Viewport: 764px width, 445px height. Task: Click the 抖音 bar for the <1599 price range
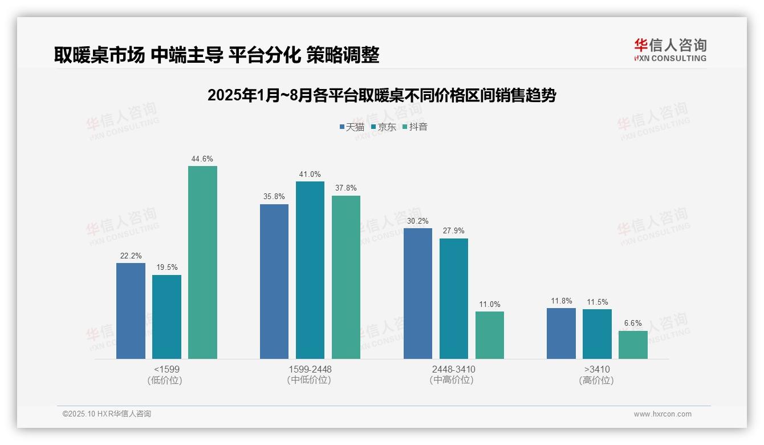pyautogui.click(x=202, y=262)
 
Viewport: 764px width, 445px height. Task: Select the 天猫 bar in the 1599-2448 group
pyautogui.click(x=274, y=281)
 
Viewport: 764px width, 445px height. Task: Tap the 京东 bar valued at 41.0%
pyautogui.click(x=310, y=270)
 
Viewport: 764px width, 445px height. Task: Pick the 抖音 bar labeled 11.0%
pyautogui.click(x=490, y=335)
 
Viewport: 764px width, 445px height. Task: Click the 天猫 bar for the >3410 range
pyautogui.click(x=561, y=333)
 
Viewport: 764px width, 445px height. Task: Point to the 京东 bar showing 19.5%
pyautogui.click(x=166, y=317)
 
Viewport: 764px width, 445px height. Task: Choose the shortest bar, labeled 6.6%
pyautogui.click(x=633, y=345)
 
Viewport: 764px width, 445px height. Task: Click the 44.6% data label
pyautogui.click(x=202, y=159)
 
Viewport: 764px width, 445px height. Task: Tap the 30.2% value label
pyautogui.click(x=418, y=221)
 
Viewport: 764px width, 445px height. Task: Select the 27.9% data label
pyautogui.click(x=454, y=231)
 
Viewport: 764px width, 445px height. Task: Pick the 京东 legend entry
pyautogui.click(x=383, y=127)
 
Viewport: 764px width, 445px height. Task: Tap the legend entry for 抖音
pyautogui.click(x=414, y=127)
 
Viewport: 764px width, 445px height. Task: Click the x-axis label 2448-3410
pyautogui.click(x=453, y=369)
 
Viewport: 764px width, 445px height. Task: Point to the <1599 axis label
pyautogui.click(x=166, y=369)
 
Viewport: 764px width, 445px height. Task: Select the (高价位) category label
pyautogui.click(x=596, y=381)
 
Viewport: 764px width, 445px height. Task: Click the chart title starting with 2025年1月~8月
pyautogui.click(x=381, y=95)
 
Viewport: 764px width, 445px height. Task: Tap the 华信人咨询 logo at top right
pyautogui.click(x=670, y=50)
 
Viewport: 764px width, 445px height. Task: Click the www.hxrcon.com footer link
pyautogui.click(x=663, y=414)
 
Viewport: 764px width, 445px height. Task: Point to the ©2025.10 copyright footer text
pyautogui.click(x=107, y=414)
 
